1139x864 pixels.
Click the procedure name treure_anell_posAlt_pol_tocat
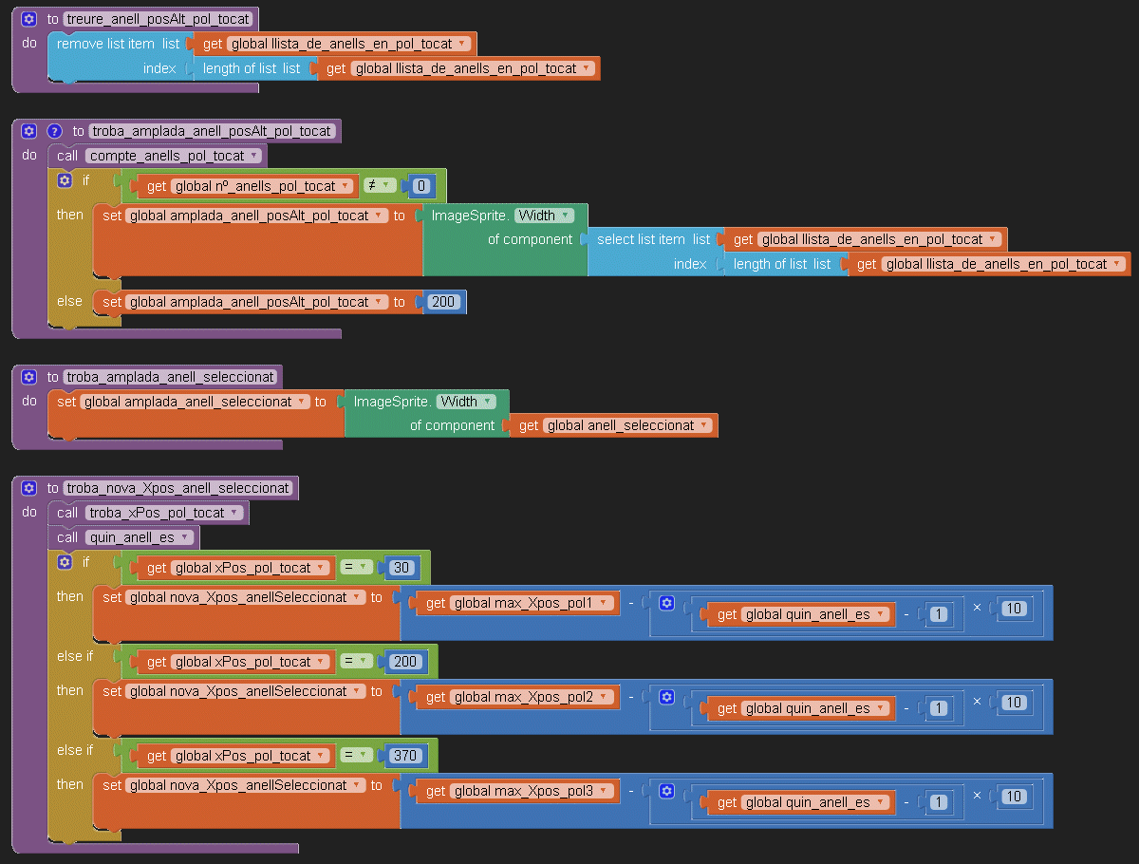[159, 19]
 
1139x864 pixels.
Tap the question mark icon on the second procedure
[54, 131]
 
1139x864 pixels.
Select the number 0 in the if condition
[420, 186]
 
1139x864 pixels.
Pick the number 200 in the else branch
[443, 302]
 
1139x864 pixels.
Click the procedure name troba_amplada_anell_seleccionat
[171, 377]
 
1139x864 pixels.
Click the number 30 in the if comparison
[401, 568]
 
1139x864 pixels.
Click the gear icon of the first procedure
[28, 19]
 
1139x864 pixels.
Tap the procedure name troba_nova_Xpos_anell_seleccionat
[178, 488]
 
